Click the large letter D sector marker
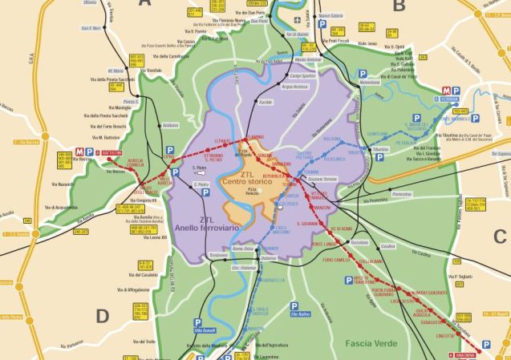102,316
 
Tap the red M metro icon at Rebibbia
445,91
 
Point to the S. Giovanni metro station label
309,224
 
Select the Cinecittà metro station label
445,335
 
